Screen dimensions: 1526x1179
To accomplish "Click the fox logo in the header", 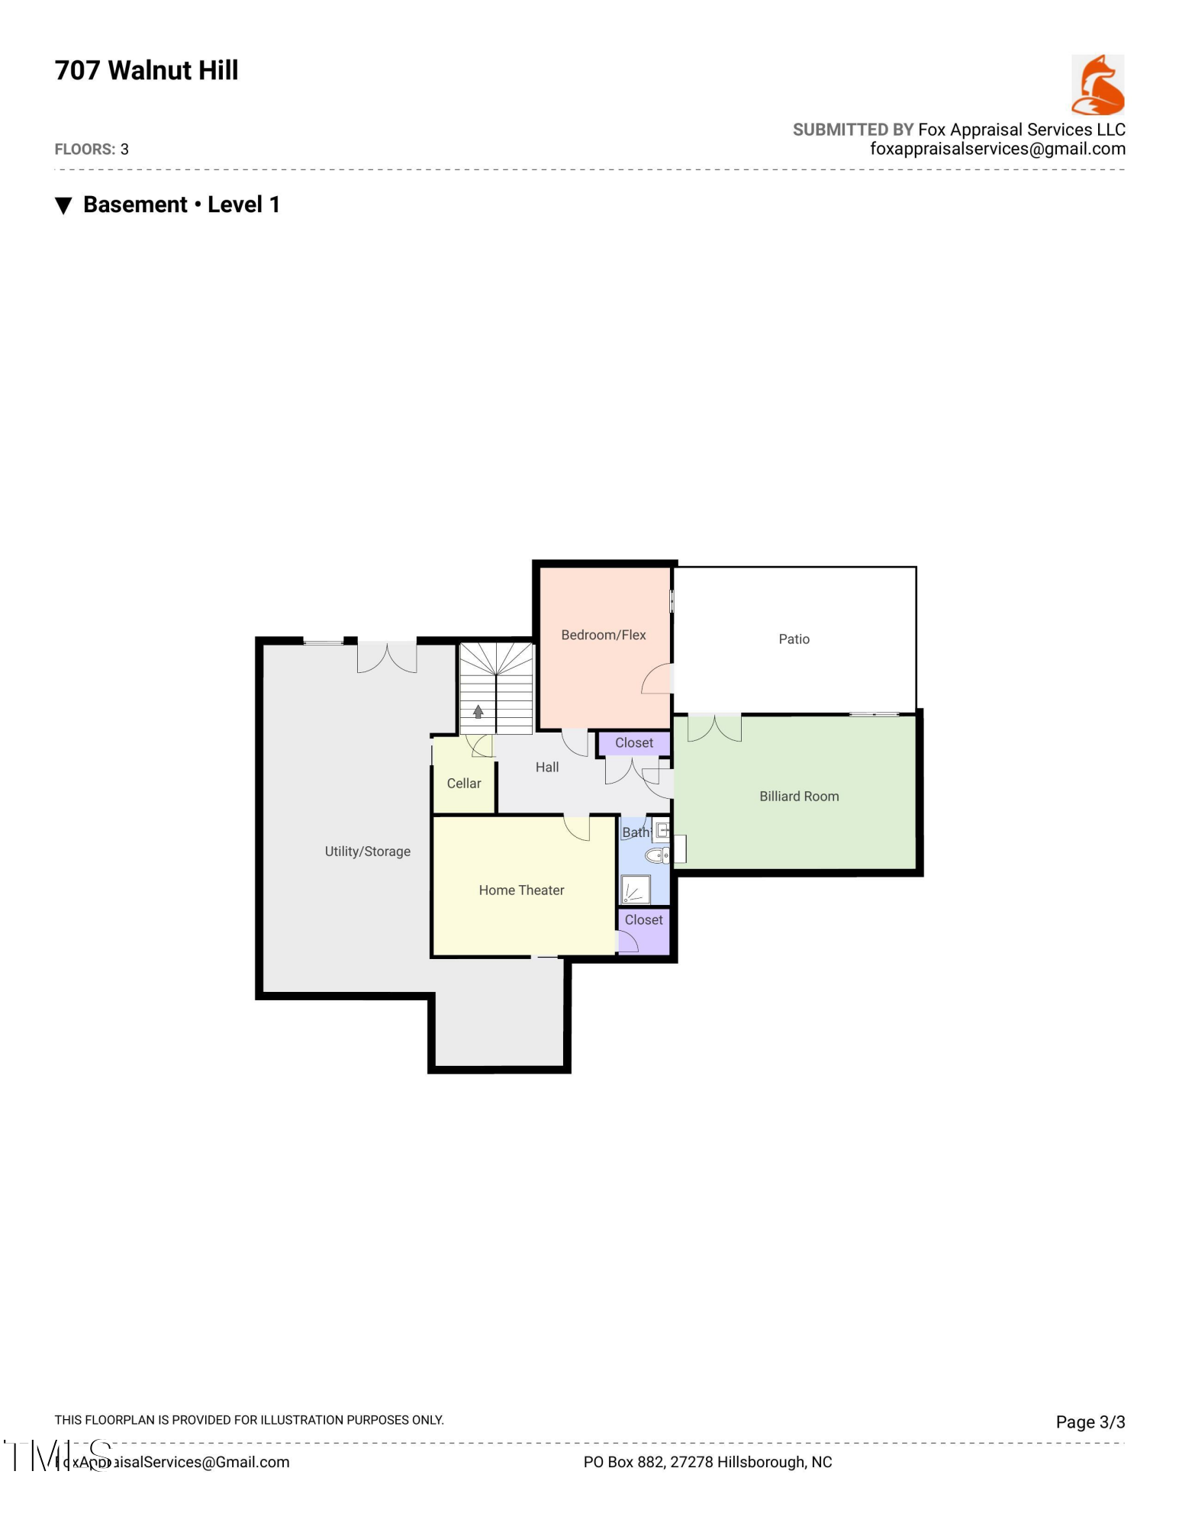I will (x=1097, y=85).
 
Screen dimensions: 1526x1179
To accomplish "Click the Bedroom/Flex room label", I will (x=603, y=635).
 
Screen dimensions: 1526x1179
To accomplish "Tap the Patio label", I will (x=794, y=639).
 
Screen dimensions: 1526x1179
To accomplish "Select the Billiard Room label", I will (x=799, y=797).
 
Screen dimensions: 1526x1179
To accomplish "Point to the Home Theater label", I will (x=521, y=890).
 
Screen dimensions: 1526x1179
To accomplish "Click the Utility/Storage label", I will (x=367, y=852).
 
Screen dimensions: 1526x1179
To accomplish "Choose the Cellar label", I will (x=464, y=784).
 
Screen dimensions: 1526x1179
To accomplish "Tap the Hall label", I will (x=547, y=768).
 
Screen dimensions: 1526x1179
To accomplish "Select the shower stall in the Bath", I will (x=635, y=890).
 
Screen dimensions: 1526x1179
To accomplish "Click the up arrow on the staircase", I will (x=478, y=712).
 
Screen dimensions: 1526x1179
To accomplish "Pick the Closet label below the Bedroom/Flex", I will (x=634, y=743).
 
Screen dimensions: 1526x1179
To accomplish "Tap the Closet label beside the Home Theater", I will (x=643, y=920).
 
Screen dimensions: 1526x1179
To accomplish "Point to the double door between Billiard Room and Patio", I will (x=714, y=727).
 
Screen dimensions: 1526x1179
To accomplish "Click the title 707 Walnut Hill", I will (x=147, y=70).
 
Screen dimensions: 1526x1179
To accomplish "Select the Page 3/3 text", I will (x=1090, y=1422).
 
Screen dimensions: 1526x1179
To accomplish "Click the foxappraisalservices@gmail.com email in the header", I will (x=997, y=150).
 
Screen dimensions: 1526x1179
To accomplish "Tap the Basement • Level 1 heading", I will (x=181, y=204).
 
